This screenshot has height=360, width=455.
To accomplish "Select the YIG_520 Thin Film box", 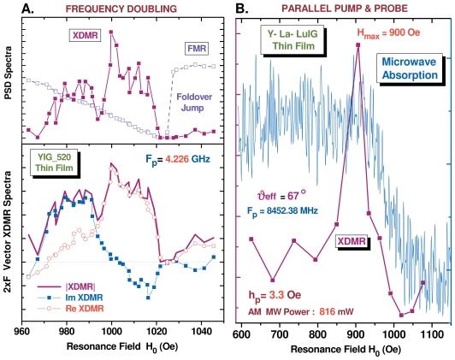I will coord(58,164).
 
